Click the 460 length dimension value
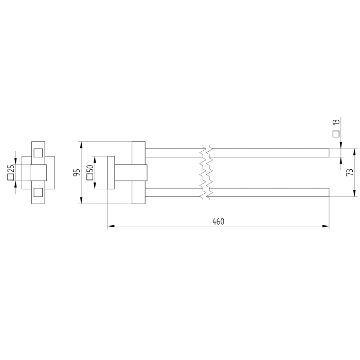219,221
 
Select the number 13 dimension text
336,123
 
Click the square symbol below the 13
336,134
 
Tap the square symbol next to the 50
89,178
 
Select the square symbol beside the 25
10,178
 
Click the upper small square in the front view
38,152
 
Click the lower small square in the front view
38,192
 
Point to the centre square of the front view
38,172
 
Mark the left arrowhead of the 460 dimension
110,226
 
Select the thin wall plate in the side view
110,172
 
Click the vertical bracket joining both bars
139,172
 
